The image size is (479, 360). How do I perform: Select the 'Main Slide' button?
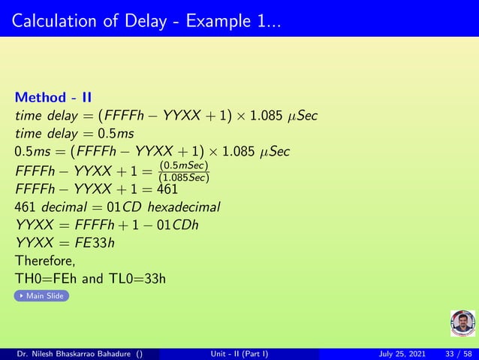click(41, 296)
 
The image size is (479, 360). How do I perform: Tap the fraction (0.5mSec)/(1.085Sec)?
click(183, 171)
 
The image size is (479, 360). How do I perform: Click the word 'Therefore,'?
click(45, 262)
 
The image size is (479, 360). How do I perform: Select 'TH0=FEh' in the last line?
click(45, 280)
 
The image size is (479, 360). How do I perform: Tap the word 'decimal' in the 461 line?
click(59, 207)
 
